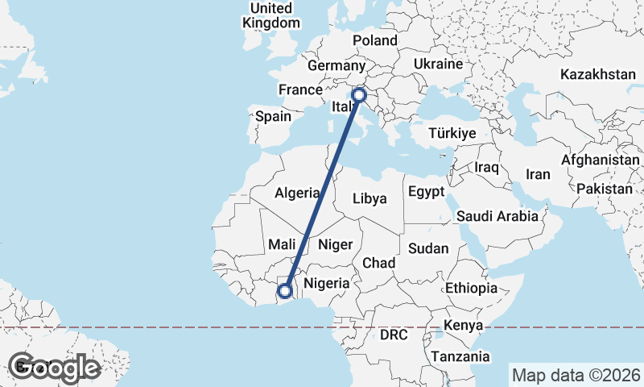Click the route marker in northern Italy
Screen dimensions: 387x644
tap(359, 95)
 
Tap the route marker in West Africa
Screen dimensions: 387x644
tap(284, 291)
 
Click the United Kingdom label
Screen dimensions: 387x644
tap(270, 15)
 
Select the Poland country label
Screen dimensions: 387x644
tap(375, 40)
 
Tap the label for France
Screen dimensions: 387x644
tap(299, 89)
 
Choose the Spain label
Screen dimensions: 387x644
tap(273, 116)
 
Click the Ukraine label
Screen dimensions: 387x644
tap(437, 64)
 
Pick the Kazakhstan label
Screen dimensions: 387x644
tap(599, 74)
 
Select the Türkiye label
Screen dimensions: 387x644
tap(453, 133)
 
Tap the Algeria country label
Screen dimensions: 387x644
tap(297, 193)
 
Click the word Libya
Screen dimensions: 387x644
tap(370, 198)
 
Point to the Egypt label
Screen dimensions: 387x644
tap(426, 192)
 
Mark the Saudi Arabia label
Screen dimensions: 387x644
tap(497, 216)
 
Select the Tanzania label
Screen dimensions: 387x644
tap(460, 356)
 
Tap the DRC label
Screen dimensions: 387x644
tap(395, 334)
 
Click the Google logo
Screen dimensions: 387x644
tap(54, 367)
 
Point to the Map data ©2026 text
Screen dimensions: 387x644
tap(576, 375)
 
